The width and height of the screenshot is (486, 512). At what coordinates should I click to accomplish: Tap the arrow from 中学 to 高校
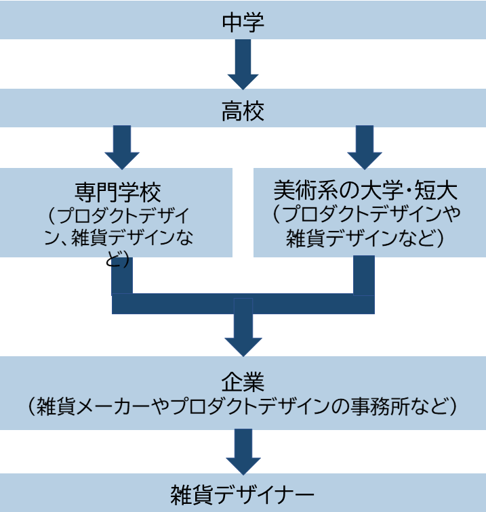tap(243, 64)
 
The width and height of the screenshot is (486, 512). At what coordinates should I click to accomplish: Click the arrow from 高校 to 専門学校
tap(122, 147)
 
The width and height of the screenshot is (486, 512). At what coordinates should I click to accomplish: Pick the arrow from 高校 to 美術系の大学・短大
tap(364, 147)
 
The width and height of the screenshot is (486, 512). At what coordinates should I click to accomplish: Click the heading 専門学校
tap(117, 192)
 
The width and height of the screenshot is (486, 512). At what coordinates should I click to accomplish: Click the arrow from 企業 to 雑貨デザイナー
tap(243, 452)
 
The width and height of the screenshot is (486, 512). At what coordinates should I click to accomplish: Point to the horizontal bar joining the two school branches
tap(243, 304)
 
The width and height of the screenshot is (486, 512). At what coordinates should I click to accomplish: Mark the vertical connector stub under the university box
tap(364, 275)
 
